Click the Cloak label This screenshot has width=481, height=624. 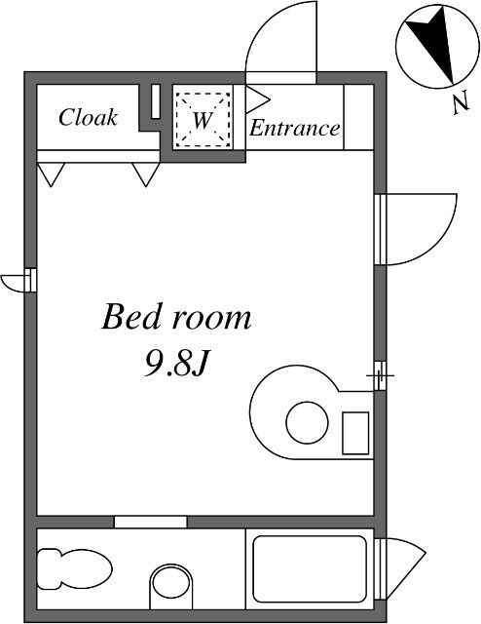[x=88, y=117]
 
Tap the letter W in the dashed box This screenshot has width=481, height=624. [x=202, y=120]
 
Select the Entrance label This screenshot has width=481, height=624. [x=295, y=128]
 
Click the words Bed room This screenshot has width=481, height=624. [x=176, y=317]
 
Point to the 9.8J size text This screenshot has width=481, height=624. [x=175, y=364]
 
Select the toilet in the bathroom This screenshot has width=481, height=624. [x=74, y=569]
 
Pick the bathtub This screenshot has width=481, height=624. [x=310, y=569]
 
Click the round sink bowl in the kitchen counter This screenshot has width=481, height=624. [x=307, y=422]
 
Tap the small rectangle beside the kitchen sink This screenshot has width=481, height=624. [x=355, y=433]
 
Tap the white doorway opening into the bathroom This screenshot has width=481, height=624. [x=151, y=522]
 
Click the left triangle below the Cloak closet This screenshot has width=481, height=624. [x=51, y=175]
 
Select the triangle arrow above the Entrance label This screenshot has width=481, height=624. [x=258, y=98]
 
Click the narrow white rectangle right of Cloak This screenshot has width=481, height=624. [x=156, y=101]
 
